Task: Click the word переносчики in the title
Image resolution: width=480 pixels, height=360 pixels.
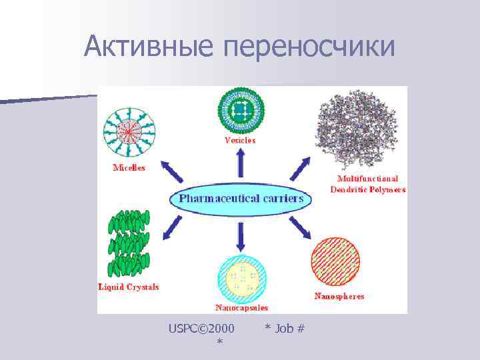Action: click(x=310, y=47)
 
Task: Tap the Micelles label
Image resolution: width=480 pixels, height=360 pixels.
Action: click(x=129, y=168)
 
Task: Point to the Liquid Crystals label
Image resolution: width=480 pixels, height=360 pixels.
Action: click(x=129, y=287)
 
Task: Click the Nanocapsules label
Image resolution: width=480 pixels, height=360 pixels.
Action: click(x=241, y=308)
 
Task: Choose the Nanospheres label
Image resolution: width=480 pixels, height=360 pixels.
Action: click(x=339, y=296)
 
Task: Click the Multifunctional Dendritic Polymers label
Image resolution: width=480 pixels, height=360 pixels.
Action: click(x=367, y=184)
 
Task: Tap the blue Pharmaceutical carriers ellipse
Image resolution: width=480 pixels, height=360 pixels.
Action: click(x=241, y=199)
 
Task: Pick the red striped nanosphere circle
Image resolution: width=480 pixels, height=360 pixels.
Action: click(x=335, y=262)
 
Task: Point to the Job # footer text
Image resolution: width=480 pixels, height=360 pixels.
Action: click(x=285, y=328)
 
